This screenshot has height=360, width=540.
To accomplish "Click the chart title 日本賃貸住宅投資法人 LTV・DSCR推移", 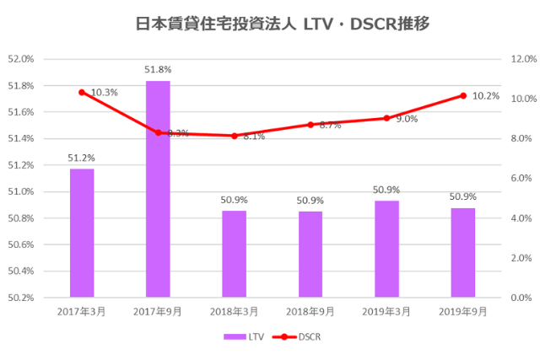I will (x=270, y=24).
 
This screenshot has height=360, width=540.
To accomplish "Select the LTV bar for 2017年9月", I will (x=158, y=189).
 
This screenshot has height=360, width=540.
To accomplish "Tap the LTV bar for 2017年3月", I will (x=82, y=233).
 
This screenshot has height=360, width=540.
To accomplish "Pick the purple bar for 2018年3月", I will (x=234, y=254).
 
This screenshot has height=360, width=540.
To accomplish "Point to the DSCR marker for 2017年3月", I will (x=82, y=92).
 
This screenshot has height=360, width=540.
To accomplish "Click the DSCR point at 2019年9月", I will (x=462, y=95).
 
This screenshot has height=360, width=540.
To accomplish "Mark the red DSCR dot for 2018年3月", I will (x=234, y=136).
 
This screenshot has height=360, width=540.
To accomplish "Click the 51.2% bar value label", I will (x=82, y=158).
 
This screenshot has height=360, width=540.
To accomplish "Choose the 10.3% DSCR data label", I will (x=104, y=92).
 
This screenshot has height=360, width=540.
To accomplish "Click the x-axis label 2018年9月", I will (x=310, y=311).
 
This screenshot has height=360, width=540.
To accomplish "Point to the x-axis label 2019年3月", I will (x=386, y=311).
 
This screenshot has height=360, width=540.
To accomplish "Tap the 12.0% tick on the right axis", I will (x=523, y=59).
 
